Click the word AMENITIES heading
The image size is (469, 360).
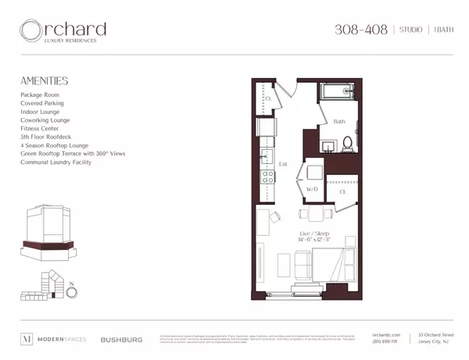coord(44,80)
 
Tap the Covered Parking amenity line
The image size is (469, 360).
coord(42,103)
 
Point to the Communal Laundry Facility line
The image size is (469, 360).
coord(57,162)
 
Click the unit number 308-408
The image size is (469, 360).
coord(361,30)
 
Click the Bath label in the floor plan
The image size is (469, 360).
coord(338,122)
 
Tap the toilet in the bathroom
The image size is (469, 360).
coord(348,144)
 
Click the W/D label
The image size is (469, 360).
coord(311,190)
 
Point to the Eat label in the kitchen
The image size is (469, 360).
coord(284,165)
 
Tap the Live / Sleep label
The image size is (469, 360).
coord(311,233)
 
